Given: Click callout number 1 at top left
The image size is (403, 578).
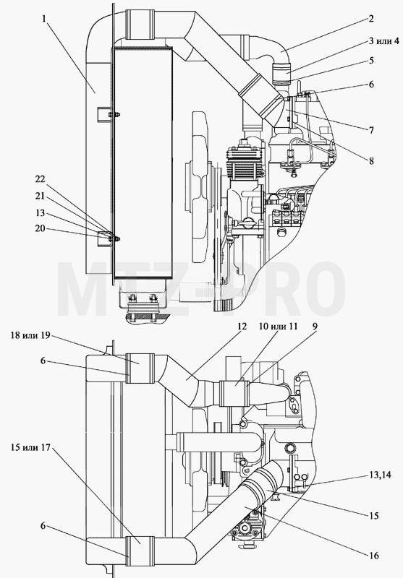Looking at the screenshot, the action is (x=44, y=18).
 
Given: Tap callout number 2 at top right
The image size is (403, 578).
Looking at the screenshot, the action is (x=371, y=19).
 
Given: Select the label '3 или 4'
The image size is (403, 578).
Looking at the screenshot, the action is (x=383, y=40).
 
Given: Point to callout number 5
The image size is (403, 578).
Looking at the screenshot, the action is (x=371, y=60).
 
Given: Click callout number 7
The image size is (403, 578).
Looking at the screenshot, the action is (x=371, y=130).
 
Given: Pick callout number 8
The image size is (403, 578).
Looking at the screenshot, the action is (x=371, y=160).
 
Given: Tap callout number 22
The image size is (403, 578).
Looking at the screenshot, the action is (x=40, y=178).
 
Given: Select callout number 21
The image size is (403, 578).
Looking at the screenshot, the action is (x=40, y=196).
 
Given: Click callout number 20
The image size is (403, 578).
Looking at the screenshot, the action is (x=40, y=228).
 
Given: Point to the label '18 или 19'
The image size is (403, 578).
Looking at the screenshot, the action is (x=30, y=336).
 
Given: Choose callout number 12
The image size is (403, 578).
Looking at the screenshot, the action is (x=242, y=327).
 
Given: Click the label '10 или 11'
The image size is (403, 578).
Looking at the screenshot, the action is (x=278, y=327).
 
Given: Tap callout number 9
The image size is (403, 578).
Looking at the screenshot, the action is (x=314, y=327).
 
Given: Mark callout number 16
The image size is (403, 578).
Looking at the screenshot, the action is (x=374, y=555).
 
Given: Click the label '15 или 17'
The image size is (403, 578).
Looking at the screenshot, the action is (x=30, y=447).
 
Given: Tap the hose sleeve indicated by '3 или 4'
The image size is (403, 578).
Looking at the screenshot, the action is (x=282, y=73).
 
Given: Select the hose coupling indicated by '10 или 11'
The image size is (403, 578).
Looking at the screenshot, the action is (x=234, y=394).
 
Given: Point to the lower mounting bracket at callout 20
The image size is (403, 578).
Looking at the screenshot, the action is (x=104, y=239).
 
